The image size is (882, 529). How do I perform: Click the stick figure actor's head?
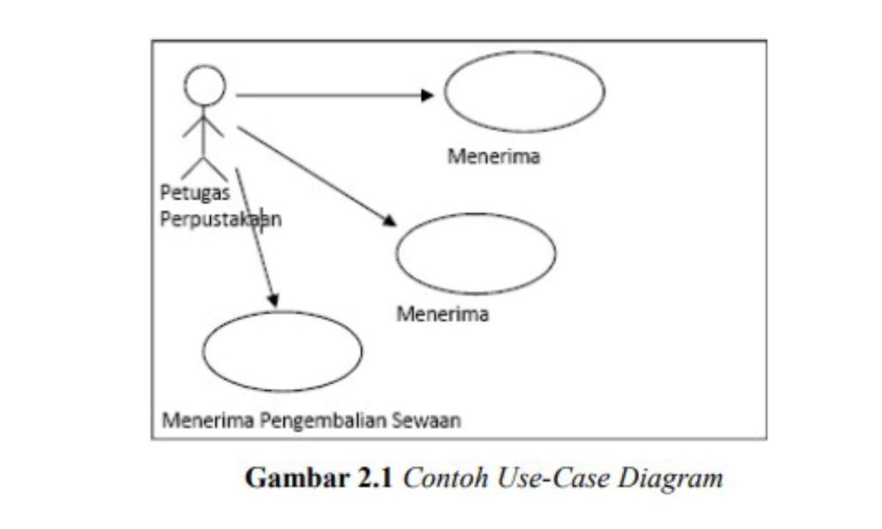205,86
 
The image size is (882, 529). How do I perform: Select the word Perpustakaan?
220,219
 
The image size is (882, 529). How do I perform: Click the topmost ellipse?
524,92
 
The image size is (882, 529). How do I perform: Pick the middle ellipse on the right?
475,253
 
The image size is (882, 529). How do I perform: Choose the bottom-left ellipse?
282,351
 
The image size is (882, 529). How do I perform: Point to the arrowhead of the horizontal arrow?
427,95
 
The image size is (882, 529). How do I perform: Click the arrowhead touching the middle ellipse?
389,221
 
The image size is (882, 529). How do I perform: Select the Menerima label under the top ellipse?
494,158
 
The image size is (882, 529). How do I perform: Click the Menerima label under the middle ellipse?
442,314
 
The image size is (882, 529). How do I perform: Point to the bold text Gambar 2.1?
320,477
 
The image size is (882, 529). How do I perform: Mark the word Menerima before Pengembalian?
208,422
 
